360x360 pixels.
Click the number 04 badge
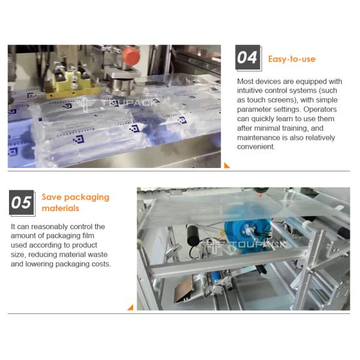[x=247, y=58]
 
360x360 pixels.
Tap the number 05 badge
[x=22, y=203]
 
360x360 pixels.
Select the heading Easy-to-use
[x=292, y=59]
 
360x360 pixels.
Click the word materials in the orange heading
[x=61, y=208]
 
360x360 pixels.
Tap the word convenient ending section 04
[x=256, y=147]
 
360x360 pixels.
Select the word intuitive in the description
[x=253, y=91]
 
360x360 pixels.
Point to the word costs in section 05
[x=99, y=264]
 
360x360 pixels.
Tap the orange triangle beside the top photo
[x=227, y=165]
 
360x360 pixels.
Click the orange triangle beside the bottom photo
[x=130, y=307]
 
